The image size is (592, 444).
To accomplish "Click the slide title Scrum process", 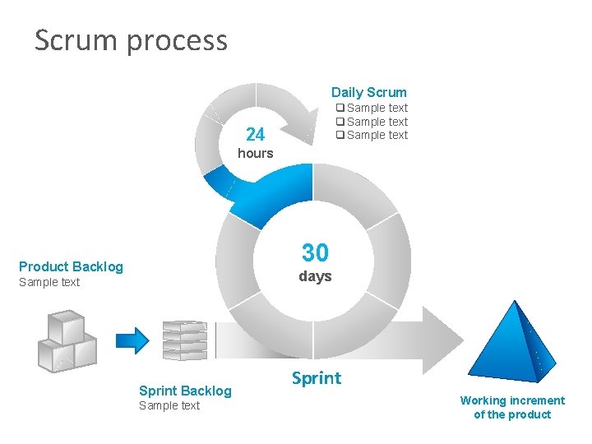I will [x=131, y=40].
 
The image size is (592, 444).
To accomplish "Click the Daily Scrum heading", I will [x=368, y=92].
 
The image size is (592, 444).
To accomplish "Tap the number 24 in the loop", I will [x=255, y=134].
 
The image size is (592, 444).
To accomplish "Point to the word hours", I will [x=255, y=153].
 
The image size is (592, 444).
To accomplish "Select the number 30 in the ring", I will [x=315, y=252].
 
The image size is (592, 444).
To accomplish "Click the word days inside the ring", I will [x=315, y=276].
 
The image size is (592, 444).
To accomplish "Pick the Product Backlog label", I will [x=71, y=266].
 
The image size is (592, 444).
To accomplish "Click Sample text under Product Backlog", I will [x=49, y=282].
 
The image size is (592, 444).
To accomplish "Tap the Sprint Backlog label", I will [x=185, y=391].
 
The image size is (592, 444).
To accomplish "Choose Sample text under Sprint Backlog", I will [x=169, y=405].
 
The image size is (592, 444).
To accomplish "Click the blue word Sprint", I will [x=316, y=378].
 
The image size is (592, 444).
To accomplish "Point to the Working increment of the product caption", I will [x=512, y=407].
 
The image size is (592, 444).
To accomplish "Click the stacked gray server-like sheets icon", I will [x=183, y=340].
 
